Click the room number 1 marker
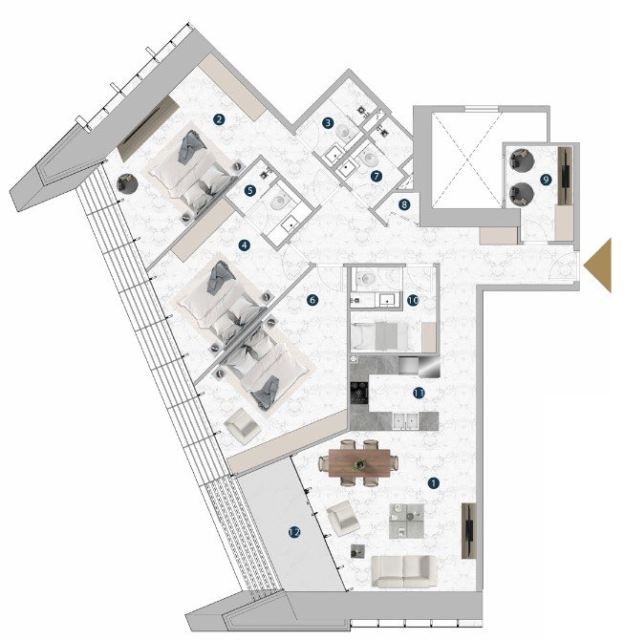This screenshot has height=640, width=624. [x=433, y=483]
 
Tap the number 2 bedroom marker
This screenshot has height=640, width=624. [x=219, y=119]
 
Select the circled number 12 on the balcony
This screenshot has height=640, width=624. [x=294, y=532]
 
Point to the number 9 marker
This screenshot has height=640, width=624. [x=546, y=180]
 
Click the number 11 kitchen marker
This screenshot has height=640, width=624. [x=419, y=393]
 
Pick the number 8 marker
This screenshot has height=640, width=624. [x=404, y=204]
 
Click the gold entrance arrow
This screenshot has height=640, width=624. [x=597, y=266]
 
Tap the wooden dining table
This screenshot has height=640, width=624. [x=359, y=462]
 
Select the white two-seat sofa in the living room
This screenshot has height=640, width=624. [x=403, y=570]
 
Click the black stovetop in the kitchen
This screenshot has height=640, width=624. [x=359, y=393]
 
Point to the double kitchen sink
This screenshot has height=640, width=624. [x=405, y=421]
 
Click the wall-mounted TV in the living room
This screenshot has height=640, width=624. [x=469, y=530]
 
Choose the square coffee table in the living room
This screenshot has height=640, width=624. [x=406, y=522]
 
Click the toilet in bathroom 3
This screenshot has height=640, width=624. [x=344, y=131]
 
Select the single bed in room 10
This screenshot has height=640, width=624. [x=379, y=336]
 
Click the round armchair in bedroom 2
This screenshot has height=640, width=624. [x=127, y=183]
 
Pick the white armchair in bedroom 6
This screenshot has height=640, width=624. [x=242, y=426]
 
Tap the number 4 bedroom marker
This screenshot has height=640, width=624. [x=245, y=245]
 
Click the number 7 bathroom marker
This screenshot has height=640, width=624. [x=377, y=177]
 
